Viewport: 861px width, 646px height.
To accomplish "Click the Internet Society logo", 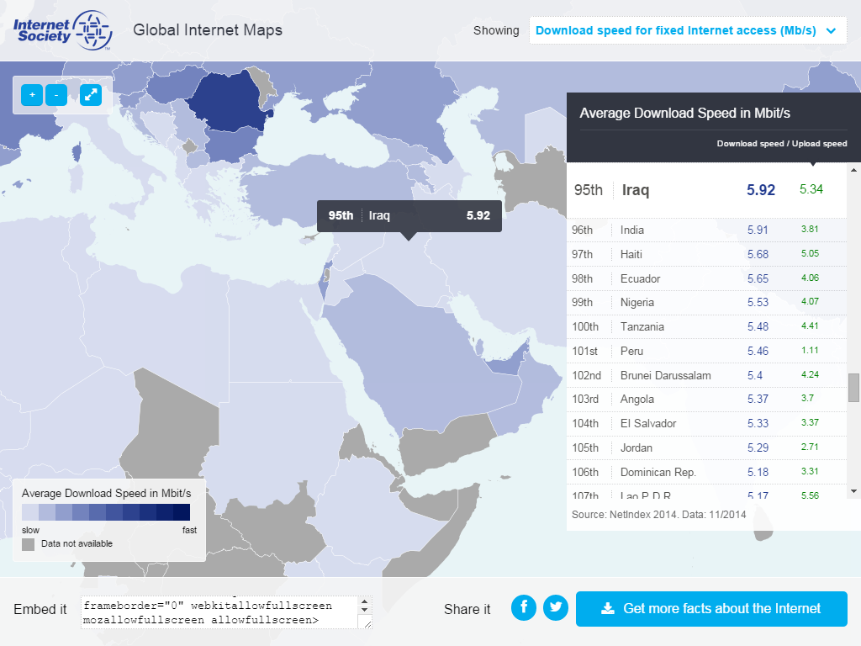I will tap(63, 30).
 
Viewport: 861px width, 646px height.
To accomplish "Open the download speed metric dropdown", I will tap(685, 31).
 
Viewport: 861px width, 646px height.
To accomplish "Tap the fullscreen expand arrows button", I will tap(90, 95).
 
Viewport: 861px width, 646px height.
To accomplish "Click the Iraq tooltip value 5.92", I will tap(478, 215).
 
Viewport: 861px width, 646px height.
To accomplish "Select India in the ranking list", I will tap(632, 230).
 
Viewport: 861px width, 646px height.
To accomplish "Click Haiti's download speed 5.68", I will tap(758, 254).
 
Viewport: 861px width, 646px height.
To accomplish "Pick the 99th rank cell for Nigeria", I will tap(582, 302).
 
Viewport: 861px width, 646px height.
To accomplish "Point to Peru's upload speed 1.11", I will tap(810, 351).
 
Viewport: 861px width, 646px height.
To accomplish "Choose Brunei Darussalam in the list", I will tap(665, 375).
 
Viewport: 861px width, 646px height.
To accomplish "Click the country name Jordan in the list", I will tap(636, 447).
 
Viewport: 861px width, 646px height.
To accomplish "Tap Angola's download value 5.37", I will tap(758, 400).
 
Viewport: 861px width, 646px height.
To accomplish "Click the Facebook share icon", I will tap(524, 607).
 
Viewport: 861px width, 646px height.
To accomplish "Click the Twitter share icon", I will tap(556, 607).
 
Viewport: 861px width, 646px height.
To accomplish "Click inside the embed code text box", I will tap(219, 612).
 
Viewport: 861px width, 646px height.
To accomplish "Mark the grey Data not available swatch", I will tap(29, 544).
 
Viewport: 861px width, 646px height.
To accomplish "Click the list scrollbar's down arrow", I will tap(853, 490).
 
